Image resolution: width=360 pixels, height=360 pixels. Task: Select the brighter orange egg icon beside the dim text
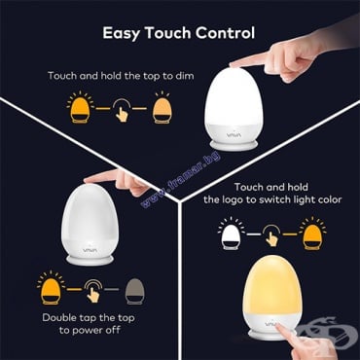[x=80, y=108]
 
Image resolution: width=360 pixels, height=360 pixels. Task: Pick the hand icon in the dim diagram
[x=122, y=110]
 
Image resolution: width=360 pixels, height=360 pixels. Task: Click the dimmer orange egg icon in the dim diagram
[x=162, y=108]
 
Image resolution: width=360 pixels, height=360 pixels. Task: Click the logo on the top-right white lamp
[x=234, y=132]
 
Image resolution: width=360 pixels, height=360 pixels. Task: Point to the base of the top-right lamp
[x=234, y=145]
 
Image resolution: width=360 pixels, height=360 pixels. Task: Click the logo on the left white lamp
[x=89, y=249]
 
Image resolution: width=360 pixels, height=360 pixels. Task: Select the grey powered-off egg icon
[x=135, y=291]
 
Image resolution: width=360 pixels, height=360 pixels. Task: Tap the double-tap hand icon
[x=93, y=291]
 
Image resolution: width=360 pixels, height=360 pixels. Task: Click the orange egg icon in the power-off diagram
[x=51, y=289]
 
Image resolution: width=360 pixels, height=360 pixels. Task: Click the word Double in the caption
[x=59, y=318]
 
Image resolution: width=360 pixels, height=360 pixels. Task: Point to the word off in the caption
[x=114, y=330]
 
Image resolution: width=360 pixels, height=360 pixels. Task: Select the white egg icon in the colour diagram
[x=232, y=234]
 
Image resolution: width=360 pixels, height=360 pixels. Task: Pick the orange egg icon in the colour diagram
[x=312, y=234]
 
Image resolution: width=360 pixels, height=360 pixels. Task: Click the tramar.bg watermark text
[x=181, y=179]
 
